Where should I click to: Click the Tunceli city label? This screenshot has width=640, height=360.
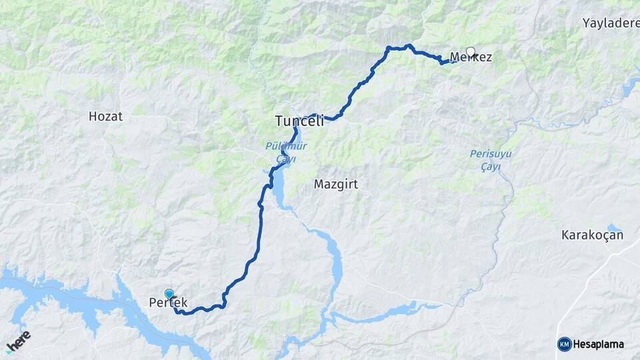(x=299, y=121)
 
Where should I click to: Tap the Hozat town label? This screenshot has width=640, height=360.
(x=105, y=116)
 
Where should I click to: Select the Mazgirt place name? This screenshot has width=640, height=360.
(x=336, y=185)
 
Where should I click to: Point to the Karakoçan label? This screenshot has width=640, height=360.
(x=592, y=235)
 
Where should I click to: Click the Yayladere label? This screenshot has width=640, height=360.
(x=610, y=23)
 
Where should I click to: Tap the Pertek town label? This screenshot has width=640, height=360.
(x=168, y=303)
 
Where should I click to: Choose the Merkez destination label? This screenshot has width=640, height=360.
(x=471, y=57)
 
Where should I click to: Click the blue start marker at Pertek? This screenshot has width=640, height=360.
(x=169, y=294)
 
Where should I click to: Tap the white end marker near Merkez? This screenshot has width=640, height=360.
(x=471, y=51)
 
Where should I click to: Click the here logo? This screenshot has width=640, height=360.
(x=18, y=340)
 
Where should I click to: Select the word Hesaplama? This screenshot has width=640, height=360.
(x=599, y=344)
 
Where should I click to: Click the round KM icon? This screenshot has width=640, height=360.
(x=564, y=344)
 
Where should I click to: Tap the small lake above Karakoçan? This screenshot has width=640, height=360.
(x=614, y=229)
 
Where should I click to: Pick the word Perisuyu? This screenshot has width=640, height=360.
(x=489, y=153)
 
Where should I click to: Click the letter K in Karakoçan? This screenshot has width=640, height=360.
(x=565, y=235)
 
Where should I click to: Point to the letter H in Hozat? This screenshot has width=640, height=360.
(x=92, y=116)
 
